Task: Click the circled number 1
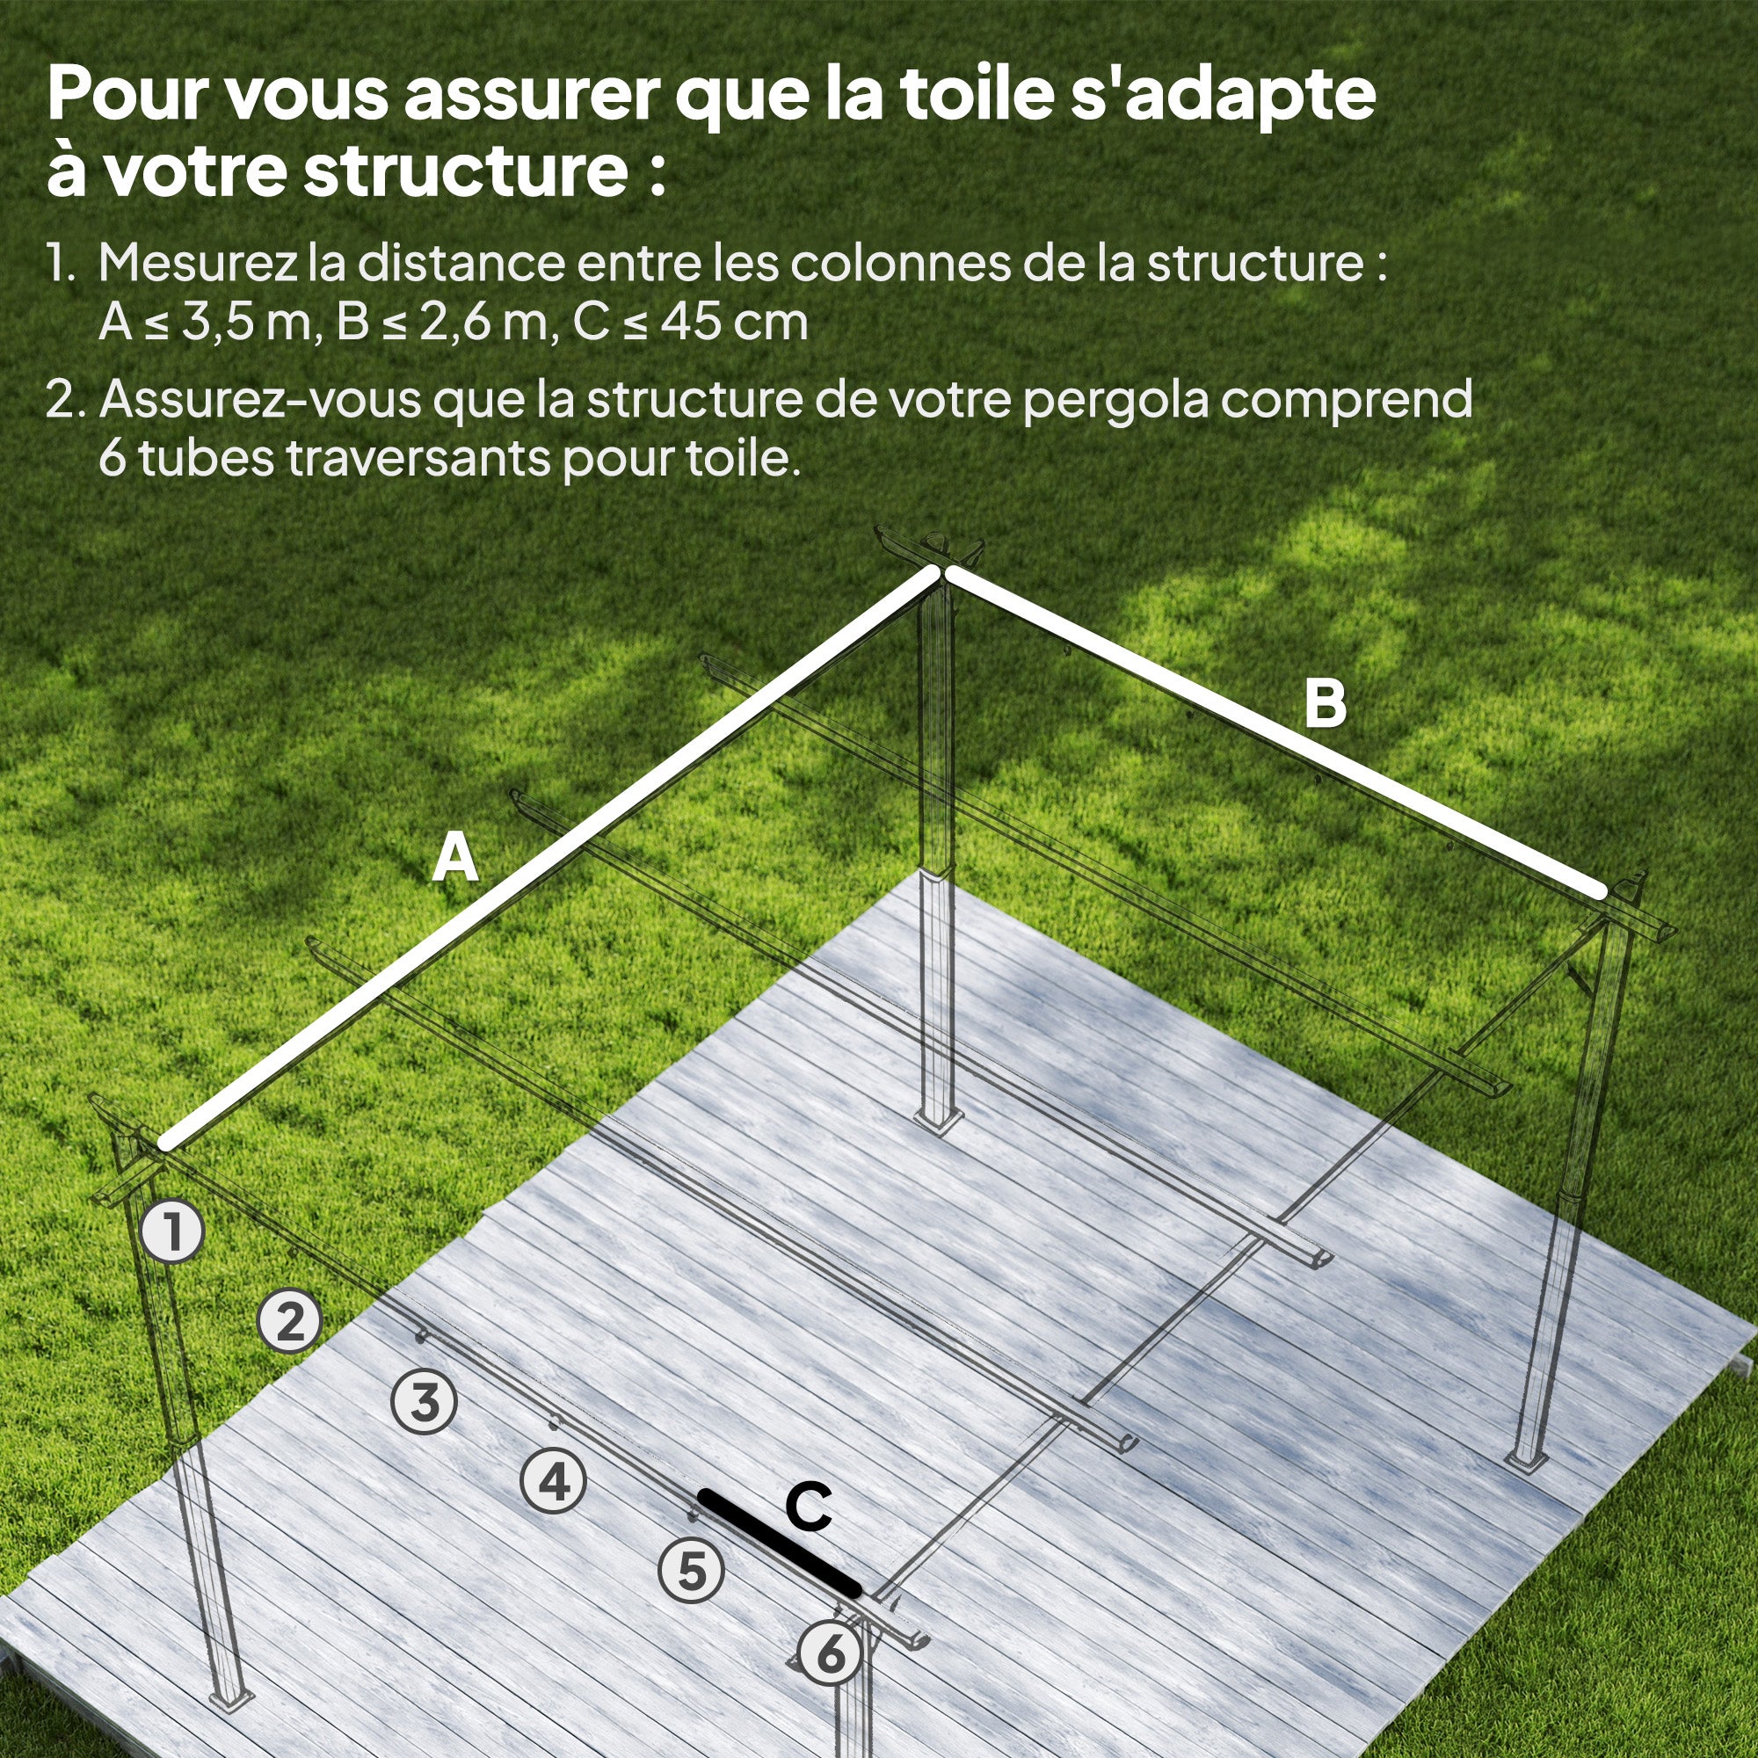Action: coord(172,1232)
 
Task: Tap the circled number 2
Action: coord(289,1320)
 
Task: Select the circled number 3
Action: coord(424,1401)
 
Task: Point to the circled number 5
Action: coord(692,1571)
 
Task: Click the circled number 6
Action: coord(830,1653)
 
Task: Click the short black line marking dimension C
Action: coord(779,1542)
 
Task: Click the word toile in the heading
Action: coord(977,95)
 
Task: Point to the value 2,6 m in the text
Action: coord(482,322)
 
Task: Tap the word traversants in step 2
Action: coord(418,458)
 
